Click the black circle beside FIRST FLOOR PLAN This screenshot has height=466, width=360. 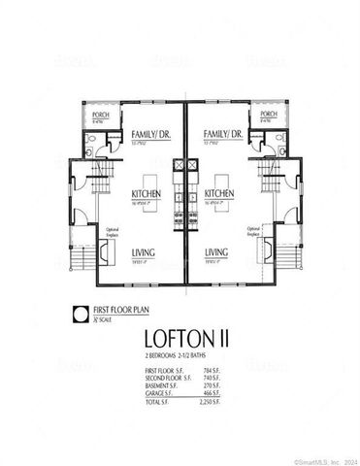79,313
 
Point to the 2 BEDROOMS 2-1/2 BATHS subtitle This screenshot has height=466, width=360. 180,360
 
